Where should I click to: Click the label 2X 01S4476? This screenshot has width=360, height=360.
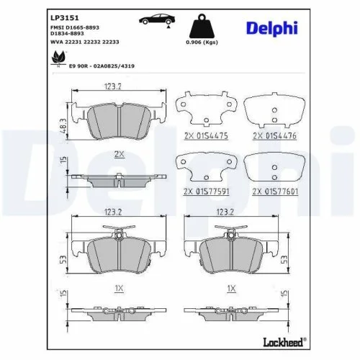click(x=274, y=135)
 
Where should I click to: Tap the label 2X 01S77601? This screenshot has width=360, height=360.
click(x=274, y=192)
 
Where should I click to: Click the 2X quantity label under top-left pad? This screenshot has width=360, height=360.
click(x=118, y=154)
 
